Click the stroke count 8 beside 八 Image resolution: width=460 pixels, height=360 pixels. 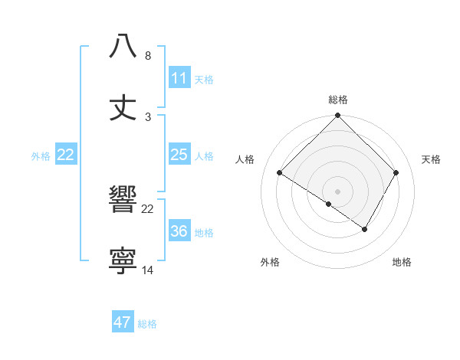148,56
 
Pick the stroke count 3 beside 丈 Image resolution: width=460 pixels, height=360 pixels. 148,117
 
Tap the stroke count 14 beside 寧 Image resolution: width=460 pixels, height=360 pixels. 148,270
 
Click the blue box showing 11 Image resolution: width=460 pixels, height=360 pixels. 179,78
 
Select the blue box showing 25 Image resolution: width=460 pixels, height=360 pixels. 179,155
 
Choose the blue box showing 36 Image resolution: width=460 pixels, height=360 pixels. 179,231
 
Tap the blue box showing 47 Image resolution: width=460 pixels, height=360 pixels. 123,322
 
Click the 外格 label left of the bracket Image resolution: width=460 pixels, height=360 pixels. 41,155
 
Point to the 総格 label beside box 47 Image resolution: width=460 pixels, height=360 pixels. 147,324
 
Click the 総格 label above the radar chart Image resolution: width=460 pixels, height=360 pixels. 338,100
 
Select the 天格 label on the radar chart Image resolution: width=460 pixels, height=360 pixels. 431,159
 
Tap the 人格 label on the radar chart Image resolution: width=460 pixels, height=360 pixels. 245,159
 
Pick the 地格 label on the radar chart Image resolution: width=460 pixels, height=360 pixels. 402,262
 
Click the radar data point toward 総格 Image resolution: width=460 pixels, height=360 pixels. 338,116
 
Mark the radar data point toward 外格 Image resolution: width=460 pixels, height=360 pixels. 328,204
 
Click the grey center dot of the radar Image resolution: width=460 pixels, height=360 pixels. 338,191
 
